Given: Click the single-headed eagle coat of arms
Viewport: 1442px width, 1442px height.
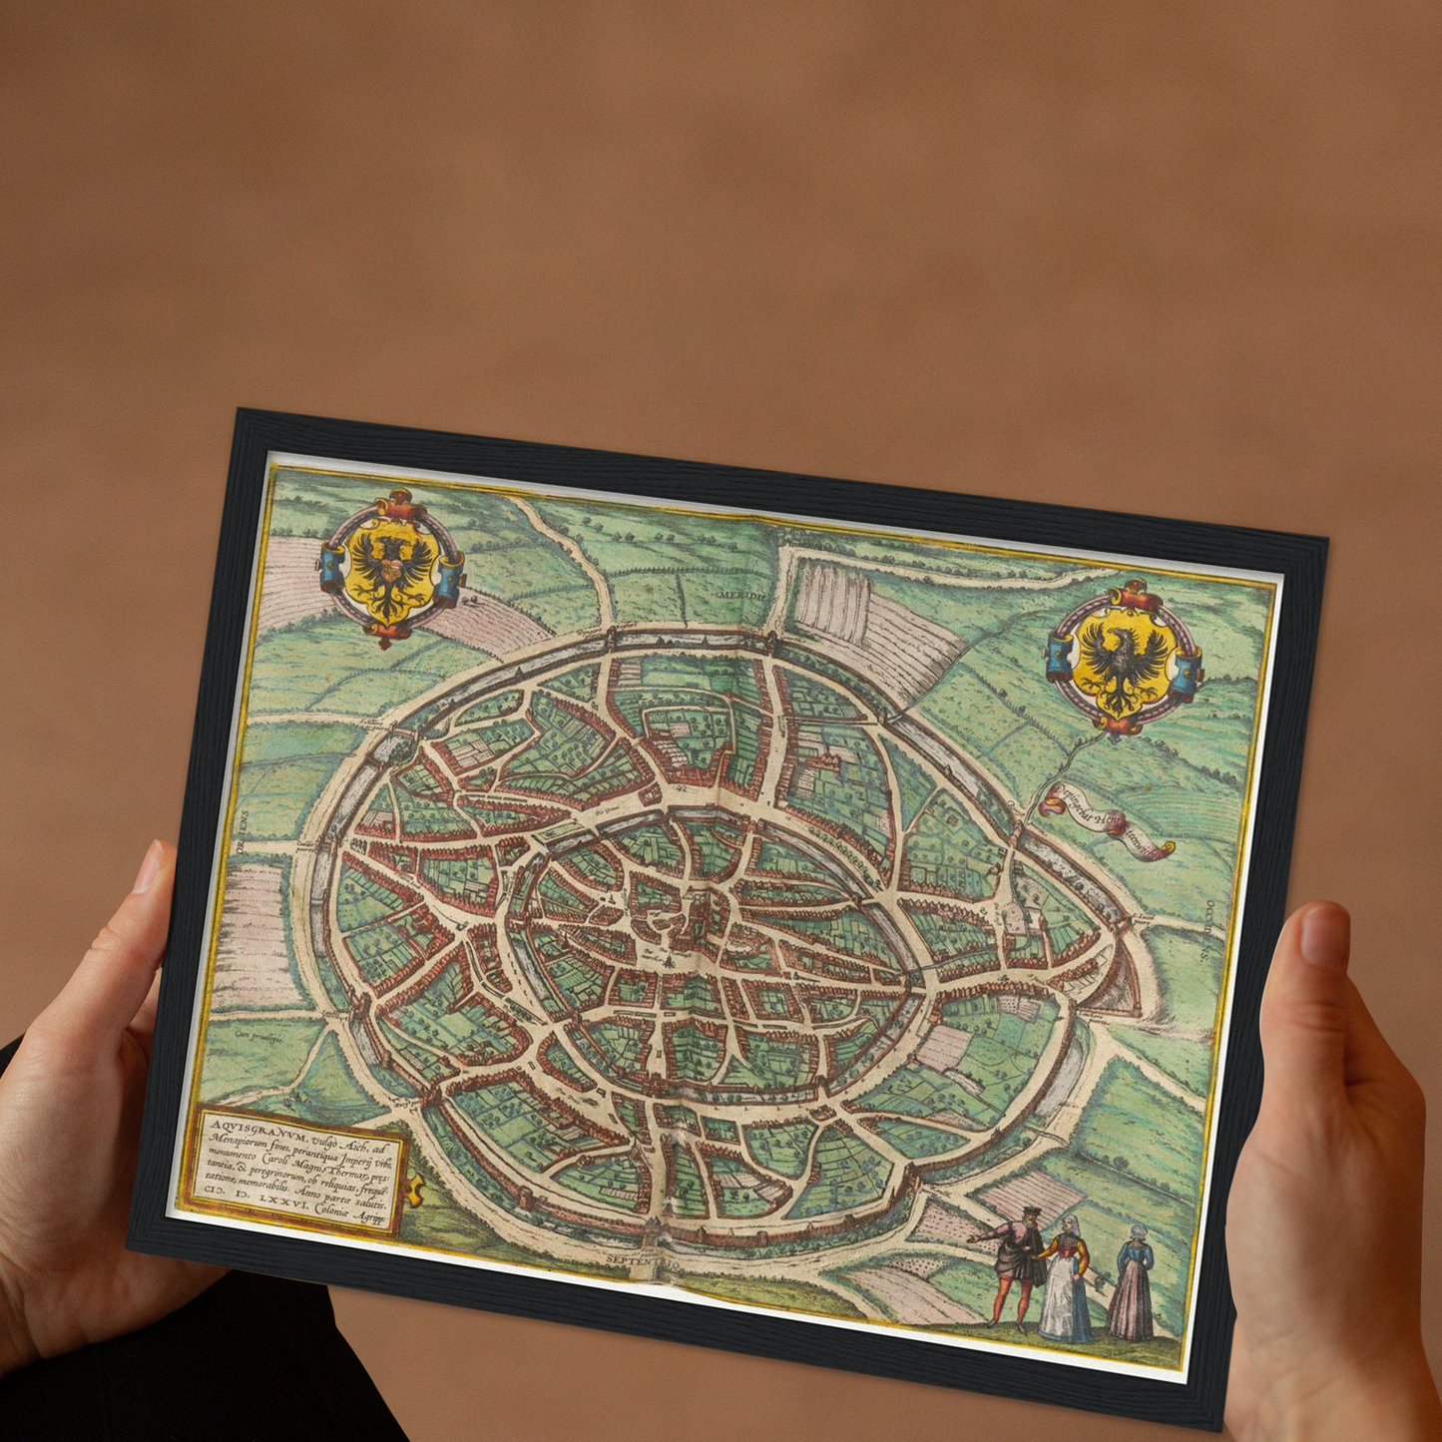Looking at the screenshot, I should (1125, 659).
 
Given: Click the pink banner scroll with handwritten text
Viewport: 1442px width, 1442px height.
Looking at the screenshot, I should (1106, 821).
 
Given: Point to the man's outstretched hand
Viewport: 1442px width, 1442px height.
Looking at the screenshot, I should (975, 1237).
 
